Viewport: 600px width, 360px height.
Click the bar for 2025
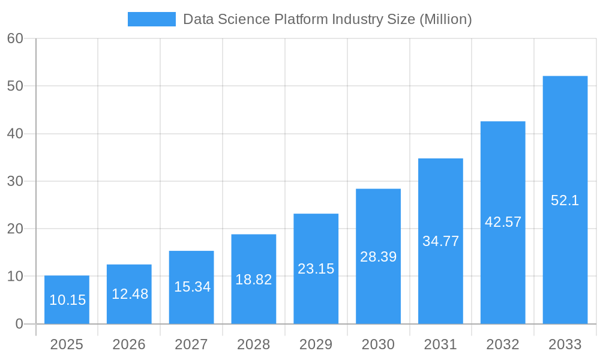(x=67, y=300)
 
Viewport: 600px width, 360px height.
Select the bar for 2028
(x=254, y=279)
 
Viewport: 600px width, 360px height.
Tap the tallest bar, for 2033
(x=565, y=200)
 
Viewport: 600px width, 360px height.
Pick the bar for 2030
(x=378, y=256)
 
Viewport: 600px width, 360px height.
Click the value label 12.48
(x=130, y=294)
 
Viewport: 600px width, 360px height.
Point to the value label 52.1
(x=565, y=200)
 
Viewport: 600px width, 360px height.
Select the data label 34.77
(x=440, y=241)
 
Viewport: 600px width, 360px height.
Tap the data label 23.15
(x=316, y=269)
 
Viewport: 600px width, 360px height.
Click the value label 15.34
(x=192, y=287)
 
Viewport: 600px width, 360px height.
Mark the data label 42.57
(x=503, y=222)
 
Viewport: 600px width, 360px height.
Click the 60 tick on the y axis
(x=15, y=38)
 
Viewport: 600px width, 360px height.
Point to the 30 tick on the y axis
(x=15, y=181)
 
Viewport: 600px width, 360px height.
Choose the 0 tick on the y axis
(x=19, y=324)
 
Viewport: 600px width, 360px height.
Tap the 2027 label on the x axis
(x=191, y=344)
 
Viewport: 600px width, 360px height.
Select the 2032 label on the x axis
(x=503, y=344)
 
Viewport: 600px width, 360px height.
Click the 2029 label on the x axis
(x=316, y=344)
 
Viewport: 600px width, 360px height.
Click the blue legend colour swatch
(x=152, y=19)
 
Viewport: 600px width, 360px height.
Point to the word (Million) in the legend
(x=445, y=19)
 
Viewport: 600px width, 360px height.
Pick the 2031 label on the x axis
(x=440, y=344)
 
